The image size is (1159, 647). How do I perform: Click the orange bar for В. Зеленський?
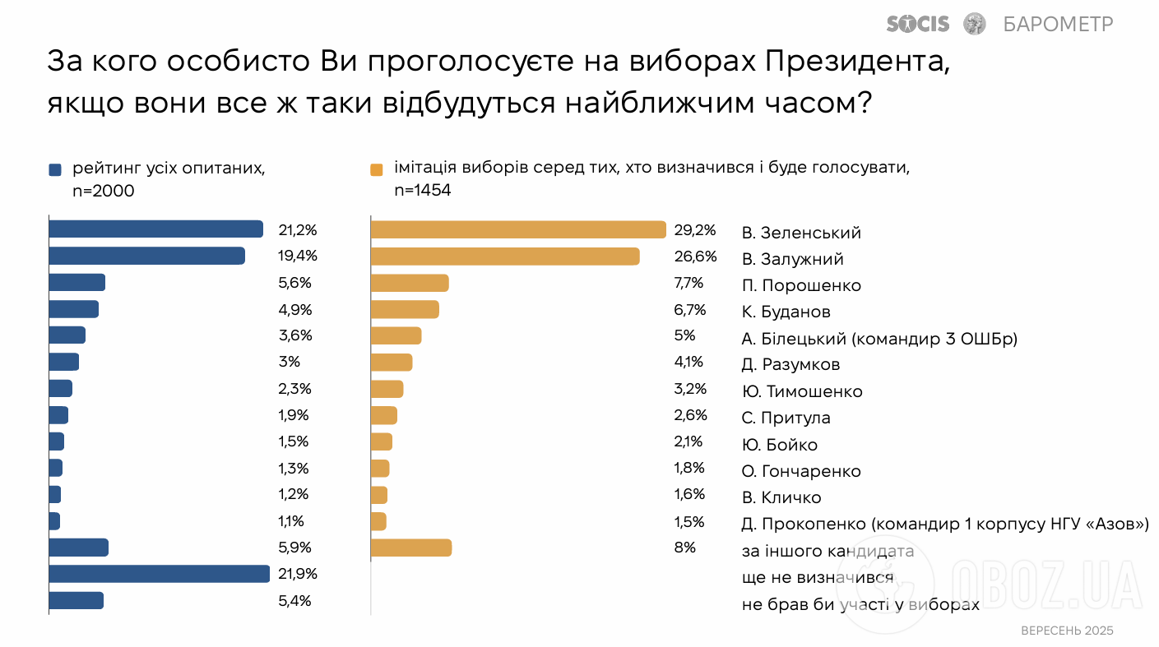pos(518,229)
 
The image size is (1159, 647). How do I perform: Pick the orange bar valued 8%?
pos(411,548)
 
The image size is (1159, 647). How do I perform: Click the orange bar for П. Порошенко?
pos(410,283)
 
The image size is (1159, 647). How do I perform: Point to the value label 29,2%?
pos(695,229)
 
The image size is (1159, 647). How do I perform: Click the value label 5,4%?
pos(295,601)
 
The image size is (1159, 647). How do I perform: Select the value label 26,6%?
pos(695,256)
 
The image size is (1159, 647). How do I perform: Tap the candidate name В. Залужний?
pos(792,259)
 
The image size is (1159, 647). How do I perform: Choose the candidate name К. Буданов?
pos(786,312)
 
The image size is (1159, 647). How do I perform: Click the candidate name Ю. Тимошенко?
pos(802,391)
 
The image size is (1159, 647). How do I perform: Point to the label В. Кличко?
pos(781,497)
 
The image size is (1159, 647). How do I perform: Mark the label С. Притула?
pos(786,418)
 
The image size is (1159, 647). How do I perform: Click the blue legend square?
pos(55,170)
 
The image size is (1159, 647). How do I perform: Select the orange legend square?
pos(377,170)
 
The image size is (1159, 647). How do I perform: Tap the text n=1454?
pos(423,191)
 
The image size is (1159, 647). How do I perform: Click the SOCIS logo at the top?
pos(918,24)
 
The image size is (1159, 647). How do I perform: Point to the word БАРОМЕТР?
pos(1058,24)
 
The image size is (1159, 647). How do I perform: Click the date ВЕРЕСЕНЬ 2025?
pos(1066,631)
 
